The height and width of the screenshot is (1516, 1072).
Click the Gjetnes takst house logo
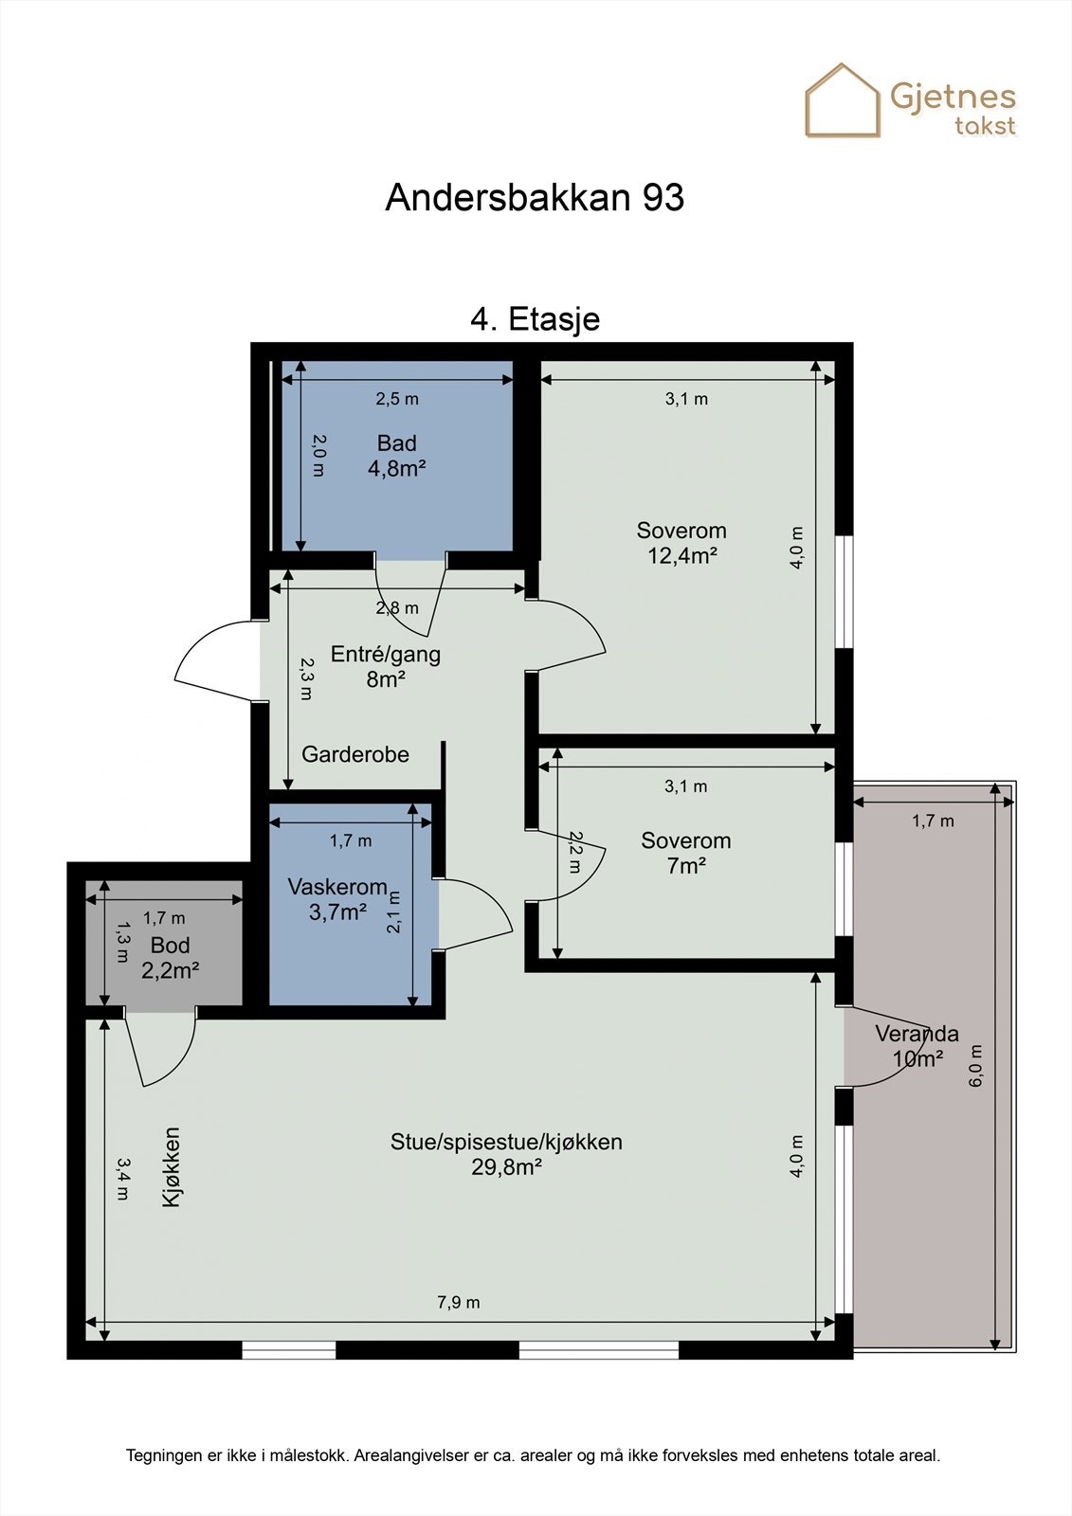(x=843, y=100)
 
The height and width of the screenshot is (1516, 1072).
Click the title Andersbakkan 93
(x=535, y=198)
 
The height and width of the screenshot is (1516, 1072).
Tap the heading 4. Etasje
(x=535, y=318)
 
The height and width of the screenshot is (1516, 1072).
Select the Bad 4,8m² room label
(x=396, y=455)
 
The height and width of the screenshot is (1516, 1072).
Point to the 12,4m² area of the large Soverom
(x=681, y=556)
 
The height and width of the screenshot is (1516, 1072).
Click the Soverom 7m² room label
(x=685, y=853)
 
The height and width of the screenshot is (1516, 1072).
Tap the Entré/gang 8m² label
(x=385, y=666)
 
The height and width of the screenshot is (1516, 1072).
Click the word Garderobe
(x=355, y=754)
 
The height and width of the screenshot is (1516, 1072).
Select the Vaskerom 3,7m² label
(x=337, y=899)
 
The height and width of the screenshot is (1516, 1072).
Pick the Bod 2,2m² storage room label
(x=170, y=958)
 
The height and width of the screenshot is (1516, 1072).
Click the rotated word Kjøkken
(x=172, y=1166)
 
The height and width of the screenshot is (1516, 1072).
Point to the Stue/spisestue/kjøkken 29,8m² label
(x=506, y=1154)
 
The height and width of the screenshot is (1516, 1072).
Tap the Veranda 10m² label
(x=917, y=1046)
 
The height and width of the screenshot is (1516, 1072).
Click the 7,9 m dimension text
(x=458, y=1302)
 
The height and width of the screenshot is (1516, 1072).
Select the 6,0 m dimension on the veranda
(x=976, y=1065)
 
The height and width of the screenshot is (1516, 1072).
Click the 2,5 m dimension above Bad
(x=396, y=399)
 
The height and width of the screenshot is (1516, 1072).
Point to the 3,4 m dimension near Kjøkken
(x=122, y=1178)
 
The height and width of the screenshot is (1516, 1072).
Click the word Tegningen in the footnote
(x=164, y=1455)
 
